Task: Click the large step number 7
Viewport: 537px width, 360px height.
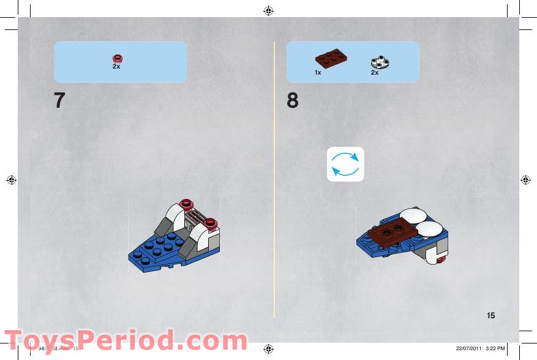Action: click(59, 100)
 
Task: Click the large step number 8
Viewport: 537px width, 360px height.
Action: click(293, 100)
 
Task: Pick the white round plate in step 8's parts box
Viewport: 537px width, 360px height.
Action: click(380, 61)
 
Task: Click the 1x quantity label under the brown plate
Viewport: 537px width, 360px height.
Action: click(318, 73)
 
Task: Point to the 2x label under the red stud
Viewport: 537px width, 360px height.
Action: click(116, 66)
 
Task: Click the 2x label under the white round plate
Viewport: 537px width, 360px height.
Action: click(375, 73)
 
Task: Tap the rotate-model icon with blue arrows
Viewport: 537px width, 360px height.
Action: click(345, 164)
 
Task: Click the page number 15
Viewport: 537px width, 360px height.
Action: click(491, 316)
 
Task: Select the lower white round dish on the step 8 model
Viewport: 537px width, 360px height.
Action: click(428, 229)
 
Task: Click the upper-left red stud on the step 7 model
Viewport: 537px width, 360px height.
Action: click(187, 203)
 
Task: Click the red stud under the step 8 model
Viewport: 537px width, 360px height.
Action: click(441, 260)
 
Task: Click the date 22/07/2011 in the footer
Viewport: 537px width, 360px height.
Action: click(468, 348)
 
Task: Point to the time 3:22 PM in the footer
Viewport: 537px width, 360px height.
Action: click(495, 348)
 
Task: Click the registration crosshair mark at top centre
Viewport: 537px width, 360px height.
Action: click(269, 10)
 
